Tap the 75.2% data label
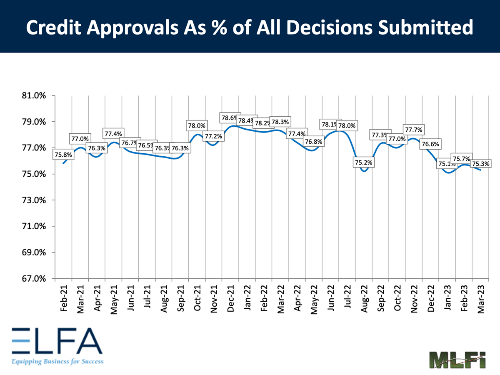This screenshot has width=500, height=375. [364, 162]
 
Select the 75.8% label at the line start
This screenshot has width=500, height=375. [63, 155]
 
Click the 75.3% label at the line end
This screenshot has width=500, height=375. [480, 163]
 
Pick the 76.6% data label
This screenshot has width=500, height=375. [430, 144]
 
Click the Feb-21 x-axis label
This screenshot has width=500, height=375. [64, 299]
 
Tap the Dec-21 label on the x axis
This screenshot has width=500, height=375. [231, 299]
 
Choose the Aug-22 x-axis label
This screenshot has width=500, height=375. [364, 299]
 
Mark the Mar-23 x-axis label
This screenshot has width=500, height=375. [481, 299]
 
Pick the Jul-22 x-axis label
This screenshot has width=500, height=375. [347, 299]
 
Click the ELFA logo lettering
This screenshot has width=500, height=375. [57, 341]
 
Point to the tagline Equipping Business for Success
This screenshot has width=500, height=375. [57, 361]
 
